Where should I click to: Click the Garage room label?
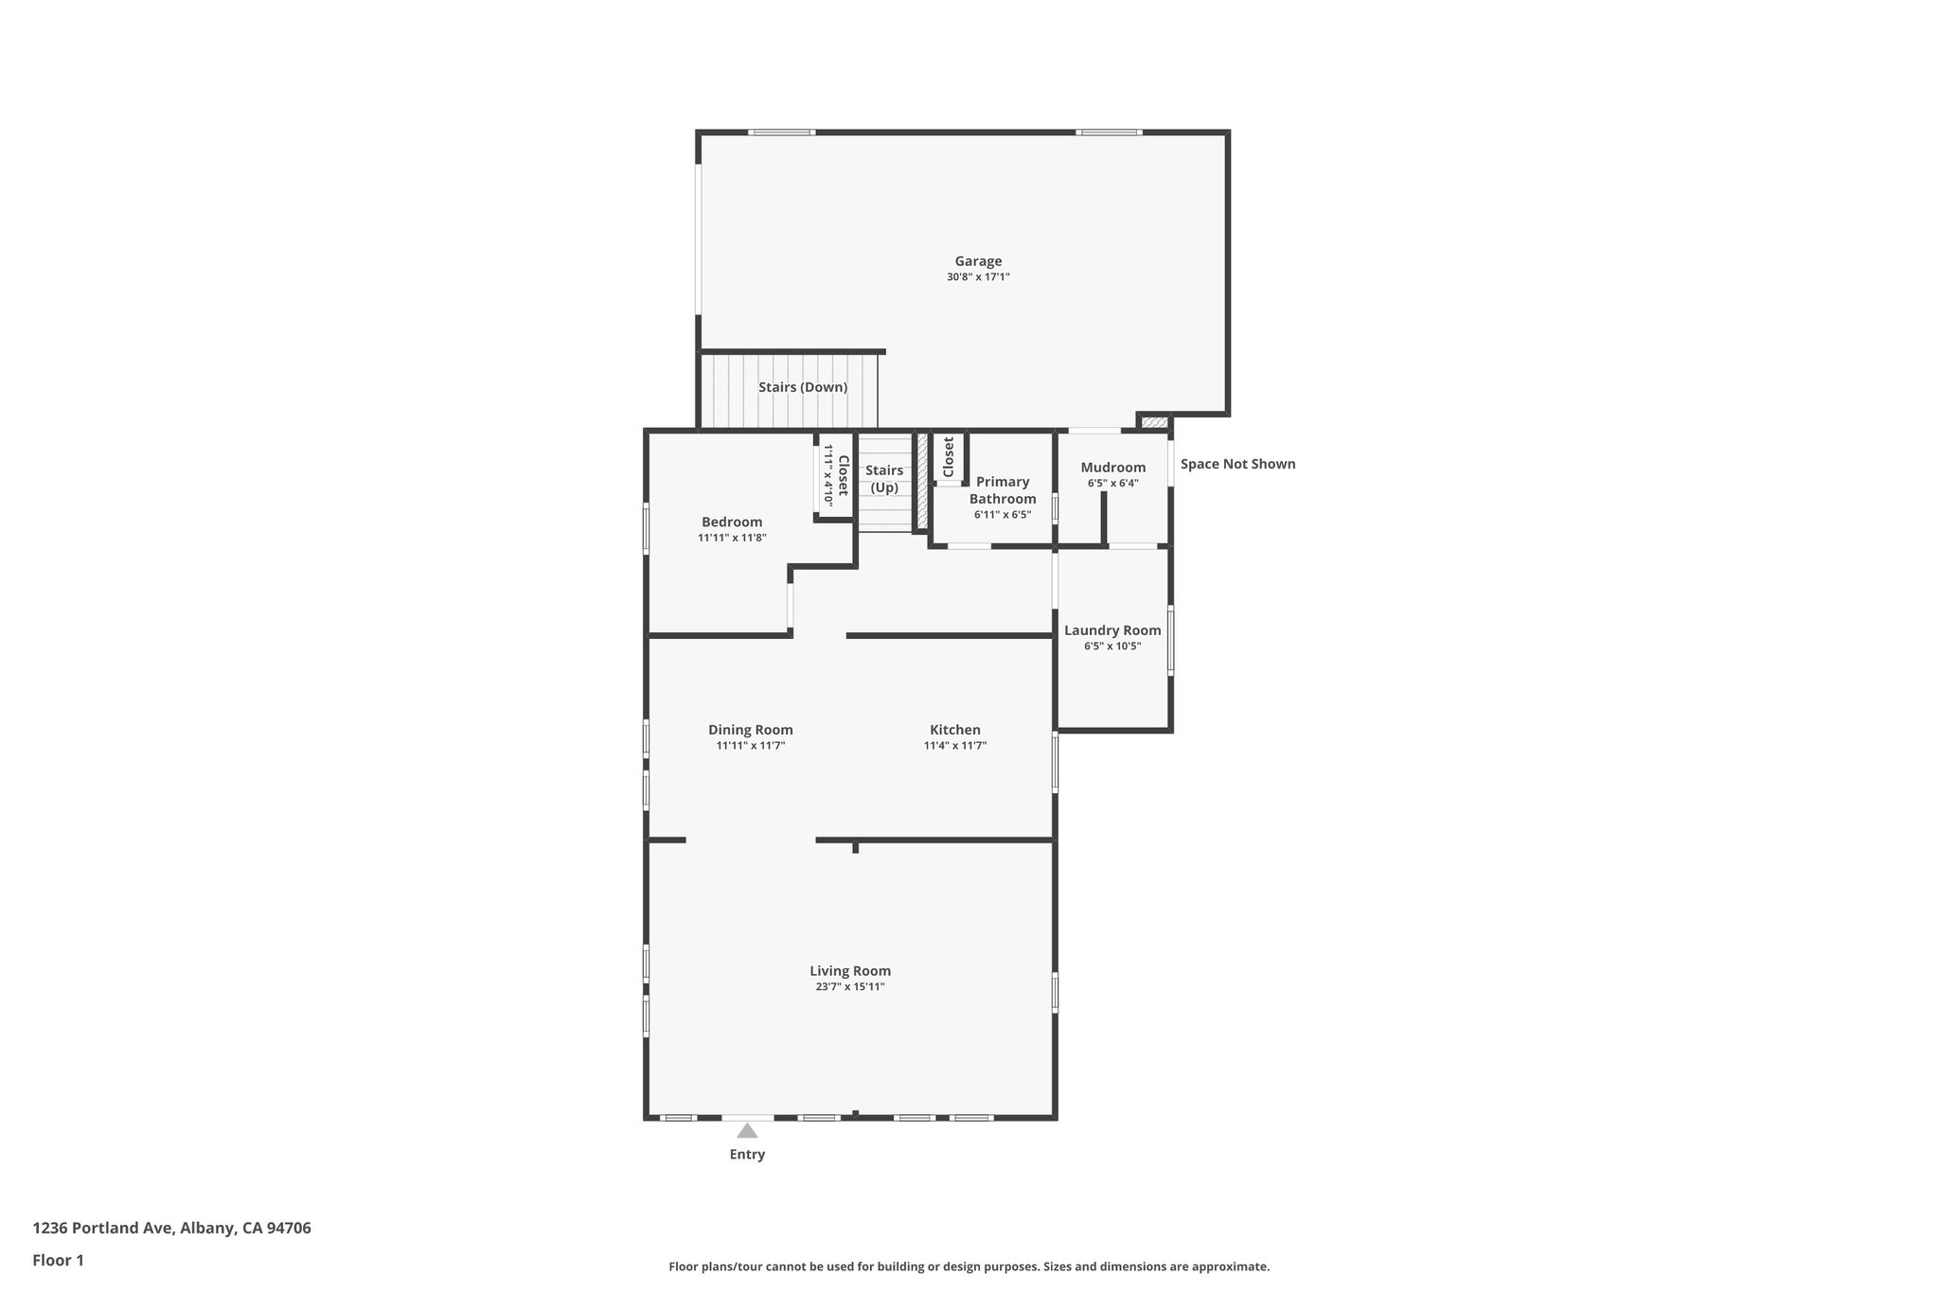coord(978,261)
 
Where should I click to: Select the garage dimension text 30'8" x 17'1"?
coord(978,277)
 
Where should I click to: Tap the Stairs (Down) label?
coord(803,387)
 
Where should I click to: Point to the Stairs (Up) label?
coord(884,479)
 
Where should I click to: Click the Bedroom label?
coord(732,522)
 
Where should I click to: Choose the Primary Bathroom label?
coord(1003,490)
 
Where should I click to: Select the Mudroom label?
coord(1112,467)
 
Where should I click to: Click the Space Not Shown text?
coord(1237,464)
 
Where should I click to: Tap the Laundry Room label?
coord(1112,630)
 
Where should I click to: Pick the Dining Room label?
coord(751,730)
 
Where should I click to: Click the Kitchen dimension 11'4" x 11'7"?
coord(955,746)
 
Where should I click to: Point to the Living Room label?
coord(850,971)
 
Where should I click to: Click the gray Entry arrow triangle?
coord(747,1131)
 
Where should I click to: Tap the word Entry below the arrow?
coord(747,1155)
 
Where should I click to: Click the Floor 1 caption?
coord(58,1260)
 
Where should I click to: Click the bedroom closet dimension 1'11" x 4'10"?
coord(828,477)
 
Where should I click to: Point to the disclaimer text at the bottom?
coord(969,1266)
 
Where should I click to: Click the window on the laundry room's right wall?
coord(1170,641)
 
